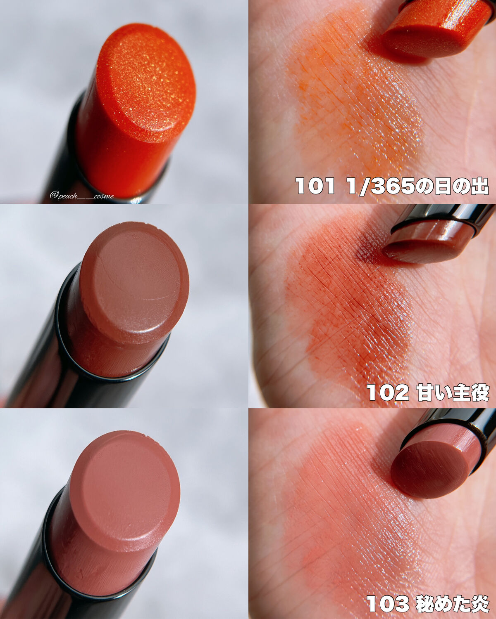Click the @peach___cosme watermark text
tap(82, 196)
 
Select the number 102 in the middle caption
tap(388, 393)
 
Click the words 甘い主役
tap(453, 392)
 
